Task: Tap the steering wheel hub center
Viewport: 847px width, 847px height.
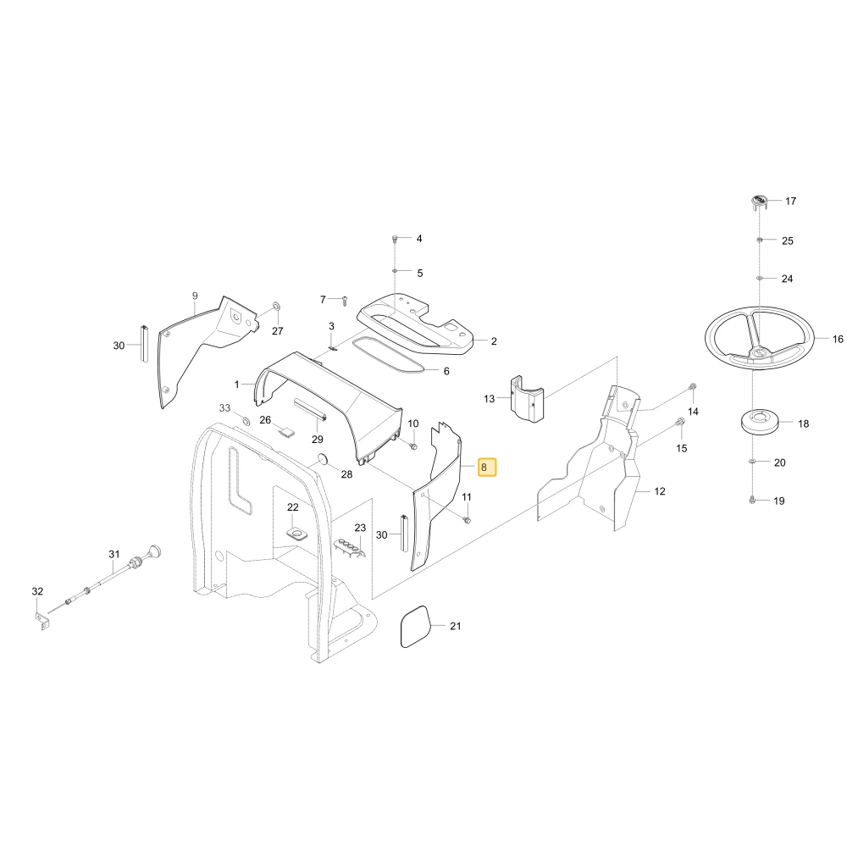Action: coord(757,353)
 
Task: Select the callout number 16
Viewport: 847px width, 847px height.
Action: coord(838,340)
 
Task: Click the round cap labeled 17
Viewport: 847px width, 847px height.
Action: coord(759,202)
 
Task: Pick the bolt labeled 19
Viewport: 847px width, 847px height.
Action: coord(752,500)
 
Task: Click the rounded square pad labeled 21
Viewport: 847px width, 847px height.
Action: coord(416,627)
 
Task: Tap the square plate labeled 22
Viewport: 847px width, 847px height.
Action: coord(296,534)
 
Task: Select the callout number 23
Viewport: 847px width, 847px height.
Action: coord(360,528)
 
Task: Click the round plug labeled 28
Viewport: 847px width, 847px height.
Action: coord(323,459)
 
